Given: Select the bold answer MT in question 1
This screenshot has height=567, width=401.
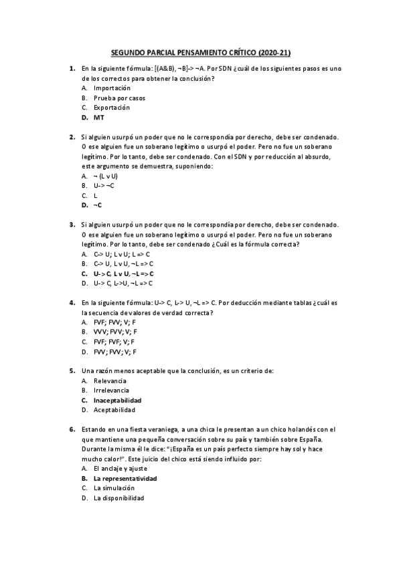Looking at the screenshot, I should pyautogui.click(x=98, y=117).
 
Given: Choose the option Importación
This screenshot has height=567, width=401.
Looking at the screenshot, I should pyautogui.click(x=112, y=88).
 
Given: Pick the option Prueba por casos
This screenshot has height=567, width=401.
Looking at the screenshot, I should pyautogui.click(x=119, y=98).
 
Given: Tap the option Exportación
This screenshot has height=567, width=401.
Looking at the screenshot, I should pyautogui.click(x=112, y=108).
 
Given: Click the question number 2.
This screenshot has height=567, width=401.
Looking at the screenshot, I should pyautogui.click(x=72, y=137).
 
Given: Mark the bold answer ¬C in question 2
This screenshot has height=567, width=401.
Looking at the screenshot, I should pyautogui.click(x=98, y=205).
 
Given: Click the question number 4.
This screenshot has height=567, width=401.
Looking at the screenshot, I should pyautogui.click(x=72, y=303).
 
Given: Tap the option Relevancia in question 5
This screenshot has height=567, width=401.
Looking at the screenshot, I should pyautogui.click(x=110, y=380).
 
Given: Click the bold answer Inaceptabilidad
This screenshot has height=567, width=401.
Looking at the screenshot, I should pyautogui.click(x=117, y=400).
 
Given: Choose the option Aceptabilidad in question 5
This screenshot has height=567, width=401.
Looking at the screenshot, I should pyautogui.click(x=114, y=410).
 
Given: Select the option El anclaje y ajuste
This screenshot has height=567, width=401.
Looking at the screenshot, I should pyautogui.click(x=121, y=469).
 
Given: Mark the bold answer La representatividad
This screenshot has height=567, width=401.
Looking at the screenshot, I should pyautogui.click(x=125, y=479).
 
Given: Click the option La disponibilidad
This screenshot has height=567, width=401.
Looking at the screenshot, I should pyautogui.click(x=118, y=498).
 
